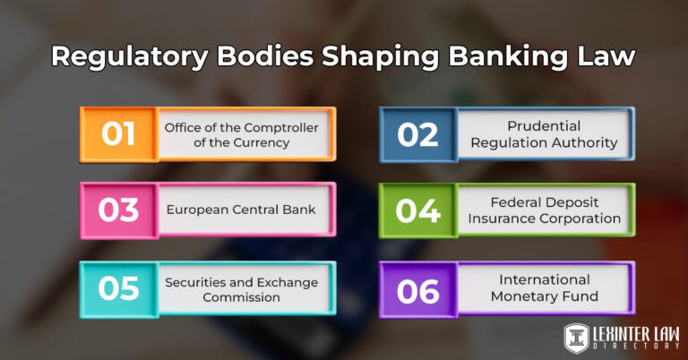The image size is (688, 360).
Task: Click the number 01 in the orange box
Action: (118, 133)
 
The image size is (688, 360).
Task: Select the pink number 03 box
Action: (118, 210)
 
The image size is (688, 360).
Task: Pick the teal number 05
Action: (118, 287)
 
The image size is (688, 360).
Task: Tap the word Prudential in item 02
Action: (544, 126)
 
